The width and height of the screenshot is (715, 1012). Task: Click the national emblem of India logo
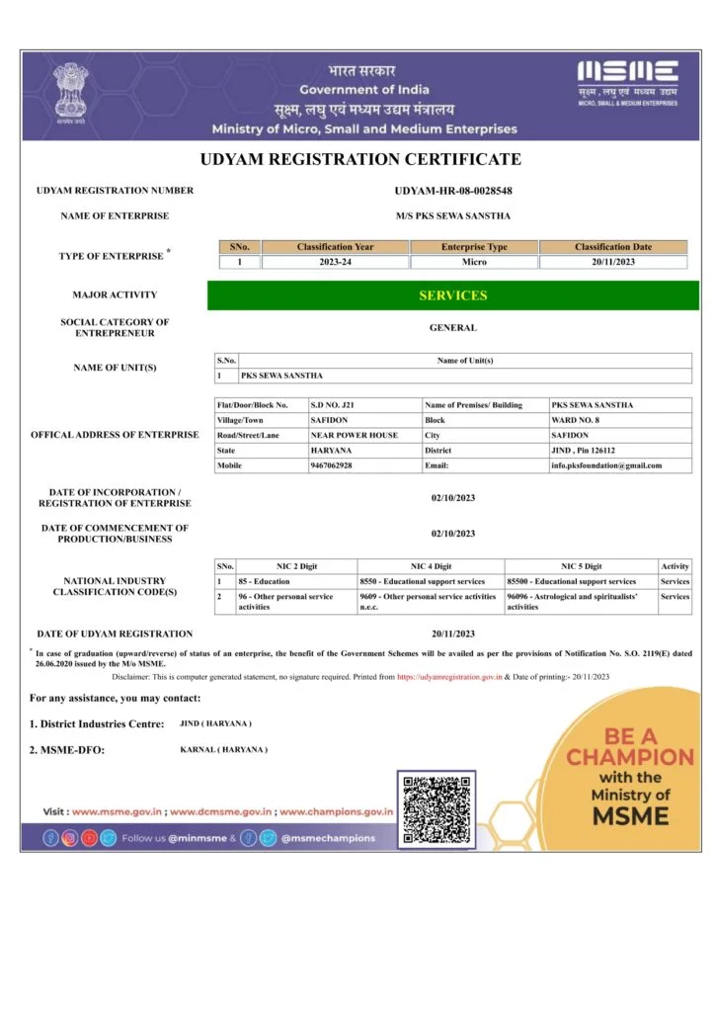pyautogui.click(x=69, y=91)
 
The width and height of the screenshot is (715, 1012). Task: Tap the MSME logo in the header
pyautogui.click(x=627, y=82)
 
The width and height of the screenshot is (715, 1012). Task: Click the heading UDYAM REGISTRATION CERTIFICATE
pyautogui.click(x=359, y=159)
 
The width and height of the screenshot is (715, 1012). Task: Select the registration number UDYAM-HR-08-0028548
pyautogui.click(x=453, y=191)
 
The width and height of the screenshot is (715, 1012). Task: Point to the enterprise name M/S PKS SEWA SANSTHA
pyautogui.click(x=453, y=215)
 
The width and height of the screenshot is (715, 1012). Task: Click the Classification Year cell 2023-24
pyautogui.click(x=336, y=262)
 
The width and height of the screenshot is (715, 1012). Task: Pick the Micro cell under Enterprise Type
pyautogui.click(x=474, y=262)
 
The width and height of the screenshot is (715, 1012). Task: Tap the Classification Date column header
pyautogui.click(x=613, y=246)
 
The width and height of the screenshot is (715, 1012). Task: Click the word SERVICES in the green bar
pyautogui.click(x=452, y=295)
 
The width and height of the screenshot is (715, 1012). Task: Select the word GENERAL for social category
pyautogui.click(x=452, y=327)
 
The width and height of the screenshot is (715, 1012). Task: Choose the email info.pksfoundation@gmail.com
pyautogui.click(x=606, y=464)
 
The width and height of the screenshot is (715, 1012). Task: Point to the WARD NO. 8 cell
pyautogui.click(x=572, y=420)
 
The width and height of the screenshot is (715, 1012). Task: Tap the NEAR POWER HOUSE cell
pyautogui.click(x=341, y=435)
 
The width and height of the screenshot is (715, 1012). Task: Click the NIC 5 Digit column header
pyautogui.click(x=581, y=566)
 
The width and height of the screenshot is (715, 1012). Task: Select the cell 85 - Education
pyautogui.click(x=264, y=581)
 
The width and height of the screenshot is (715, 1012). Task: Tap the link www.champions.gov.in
pyautogui.click(x=337, y=811)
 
